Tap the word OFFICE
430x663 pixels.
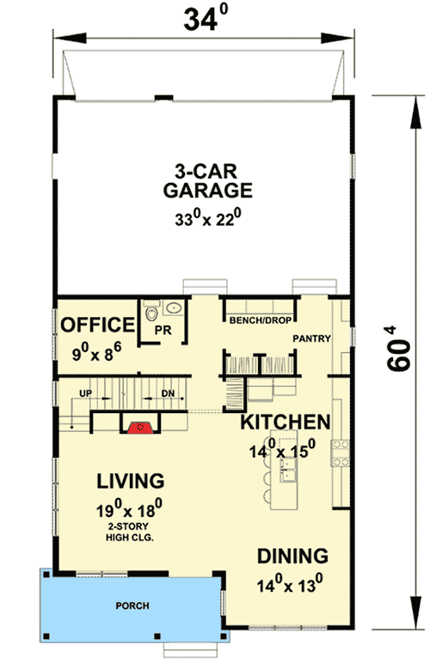(97, 325)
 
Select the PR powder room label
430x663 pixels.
(159, 329)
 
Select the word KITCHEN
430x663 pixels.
(286, 422)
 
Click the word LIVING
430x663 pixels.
(131, 479)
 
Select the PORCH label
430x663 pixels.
(132, 605)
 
